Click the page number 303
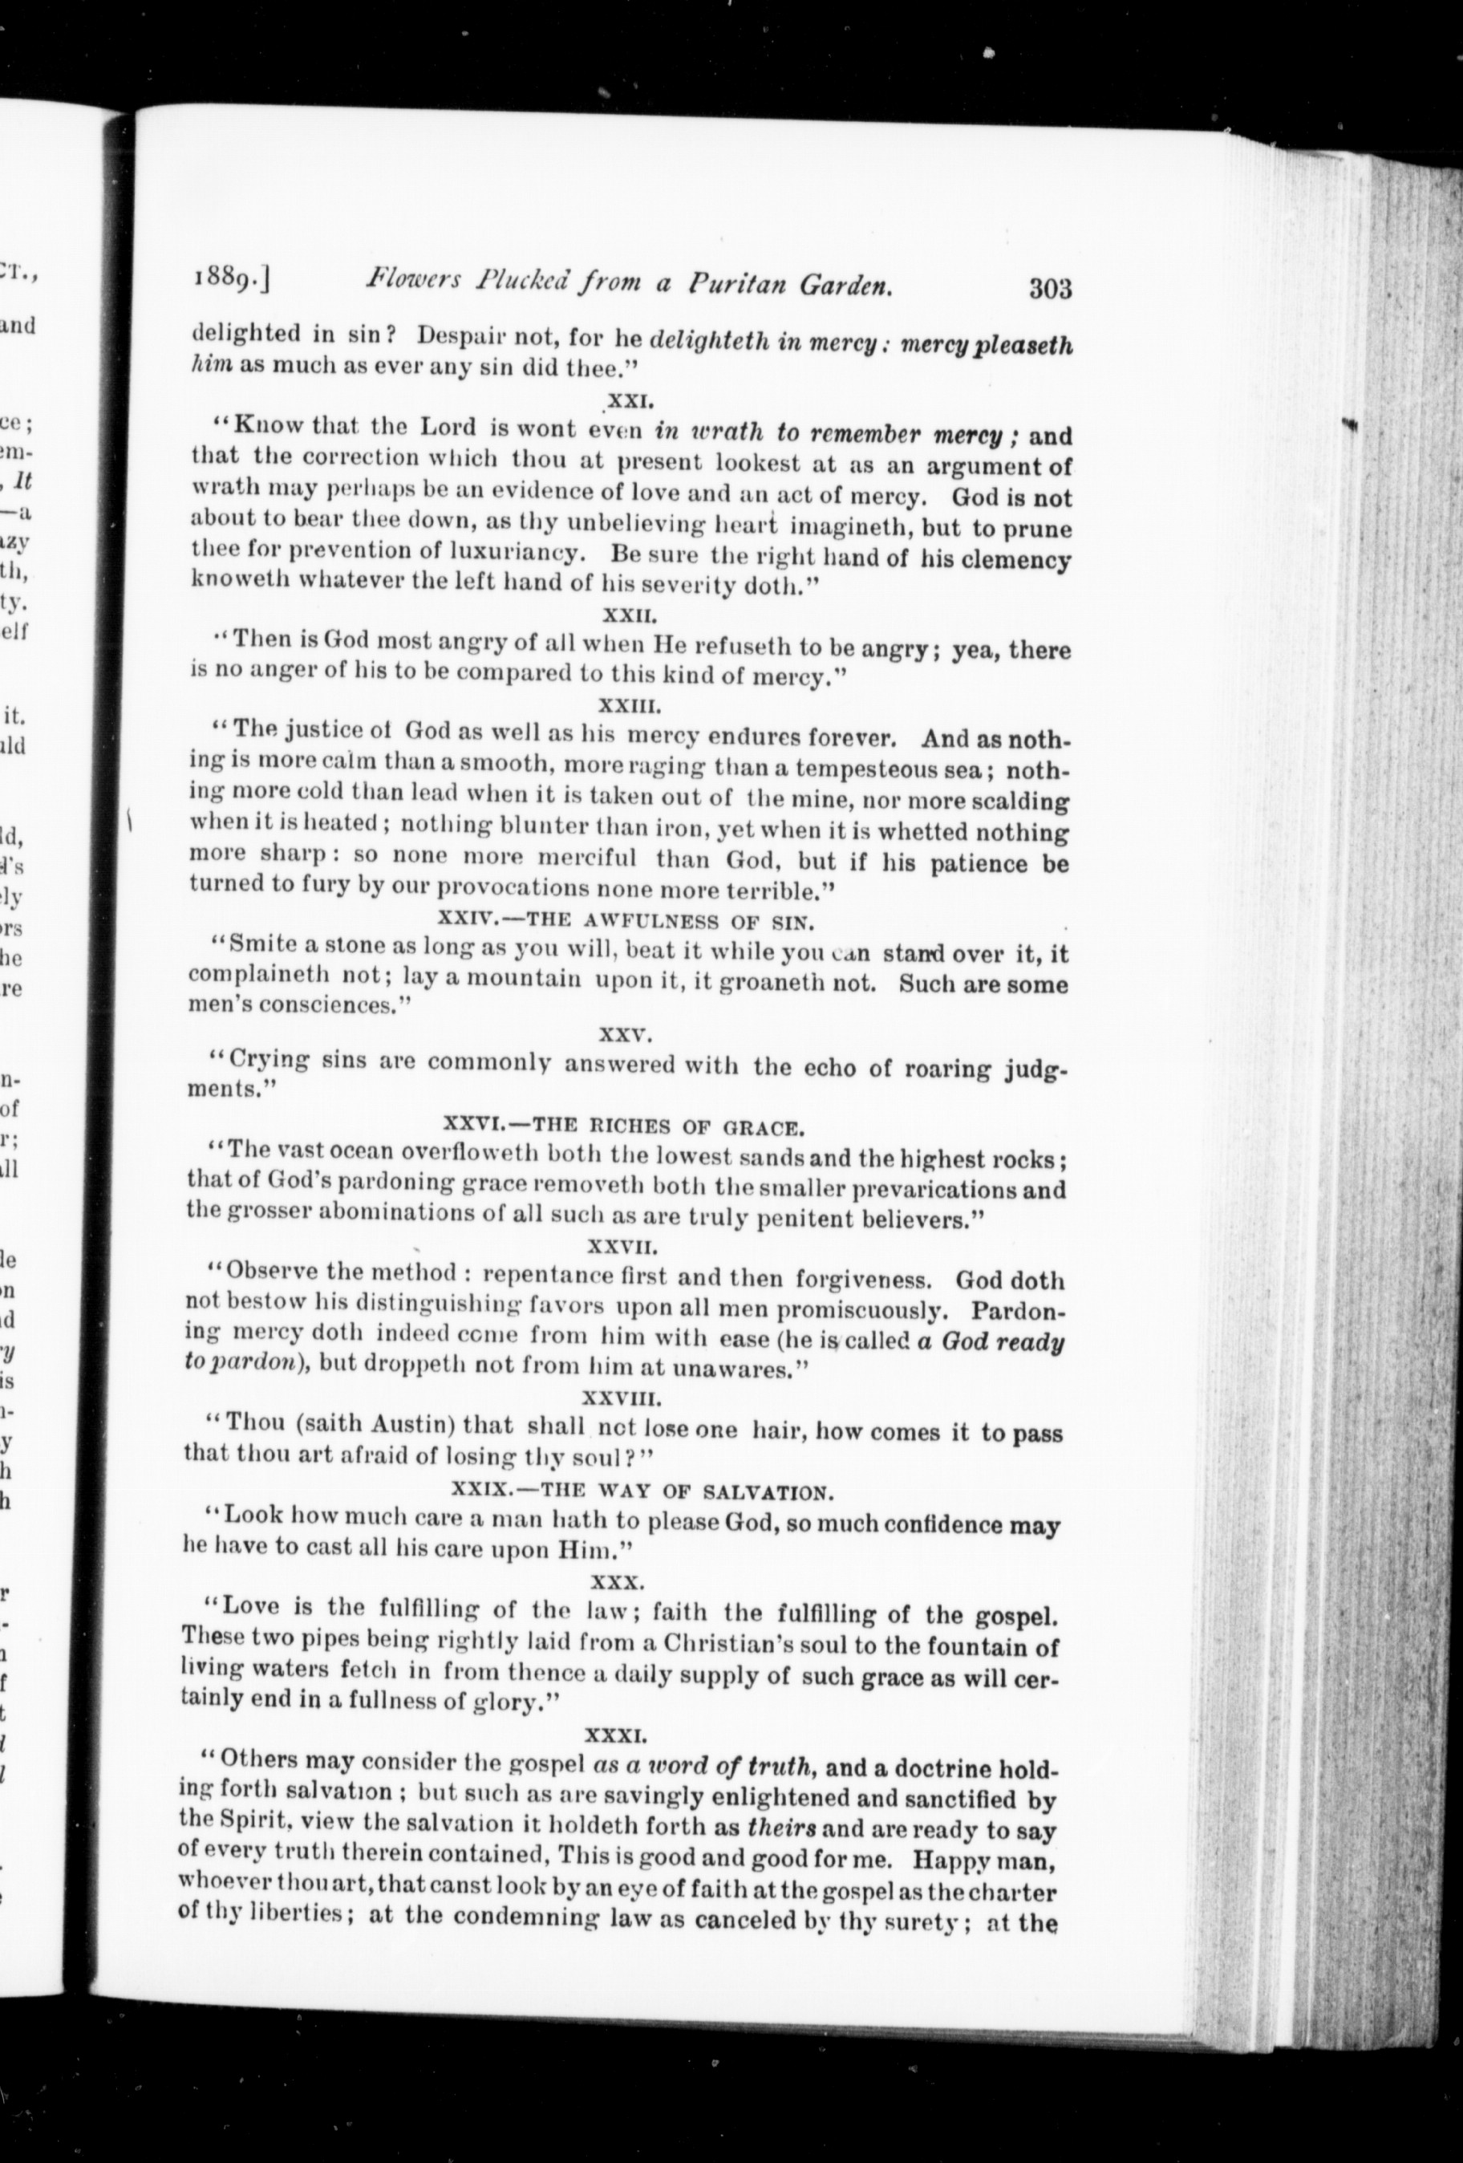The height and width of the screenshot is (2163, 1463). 1051,289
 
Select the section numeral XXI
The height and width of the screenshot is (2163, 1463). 631,403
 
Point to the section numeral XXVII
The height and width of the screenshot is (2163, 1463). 623,1245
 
